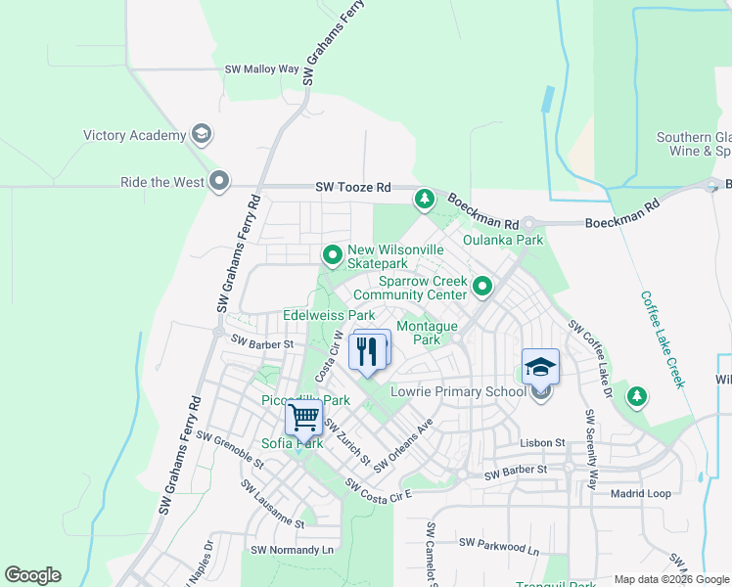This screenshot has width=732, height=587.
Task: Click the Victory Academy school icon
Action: (x=203, y=135)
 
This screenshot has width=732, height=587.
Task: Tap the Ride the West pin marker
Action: (x=219, y=182)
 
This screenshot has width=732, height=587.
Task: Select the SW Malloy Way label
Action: (x=261, y=69)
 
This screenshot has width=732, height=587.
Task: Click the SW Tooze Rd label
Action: (x=352, y=187)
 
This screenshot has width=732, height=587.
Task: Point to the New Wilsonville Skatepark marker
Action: (x=333, y=256)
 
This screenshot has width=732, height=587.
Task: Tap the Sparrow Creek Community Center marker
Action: (x=482, y=287)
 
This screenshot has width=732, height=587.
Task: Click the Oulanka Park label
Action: (x=502, y=240)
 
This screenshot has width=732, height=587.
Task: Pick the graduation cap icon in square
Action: (x=540, y=367)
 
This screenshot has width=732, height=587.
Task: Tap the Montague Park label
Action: (x=427, y=333)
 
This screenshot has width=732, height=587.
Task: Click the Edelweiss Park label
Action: (x=329, y=316)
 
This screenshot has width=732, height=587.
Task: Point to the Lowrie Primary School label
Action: (x=458, y=391)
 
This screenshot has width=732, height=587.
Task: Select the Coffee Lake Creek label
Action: (x=662, y=339)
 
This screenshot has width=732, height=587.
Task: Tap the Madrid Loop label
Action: (x=640, y=494)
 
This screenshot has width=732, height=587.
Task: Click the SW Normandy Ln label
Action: (x=292, y=550)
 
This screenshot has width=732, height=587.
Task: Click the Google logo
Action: (x=32, y=575)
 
